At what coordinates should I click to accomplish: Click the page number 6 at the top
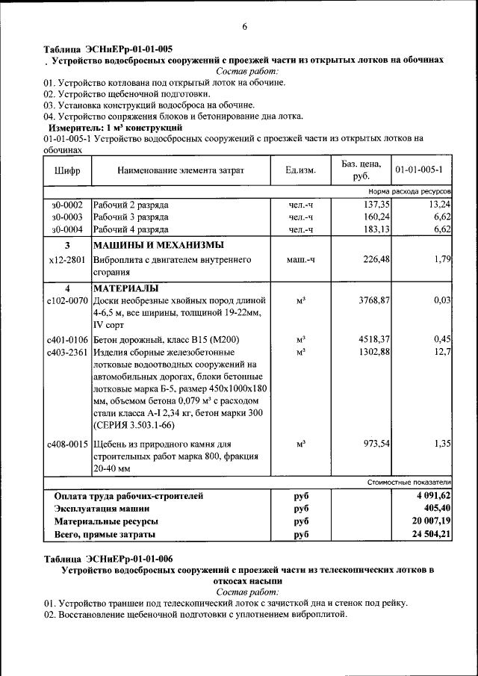(244, 28)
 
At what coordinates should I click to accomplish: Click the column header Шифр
(67, 170)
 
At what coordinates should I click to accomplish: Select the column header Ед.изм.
(301, 170)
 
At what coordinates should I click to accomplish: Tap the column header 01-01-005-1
(423, 170)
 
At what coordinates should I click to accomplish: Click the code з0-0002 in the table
(67, 205)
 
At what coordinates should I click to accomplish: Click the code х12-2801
(67, 260)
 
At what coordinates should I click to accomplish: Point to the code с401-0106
(67, 339)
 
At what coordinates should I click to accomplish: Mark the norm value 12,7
(442, 352)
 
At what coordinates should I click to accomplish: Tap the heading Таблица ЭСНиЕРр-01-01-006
(108, 559)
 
